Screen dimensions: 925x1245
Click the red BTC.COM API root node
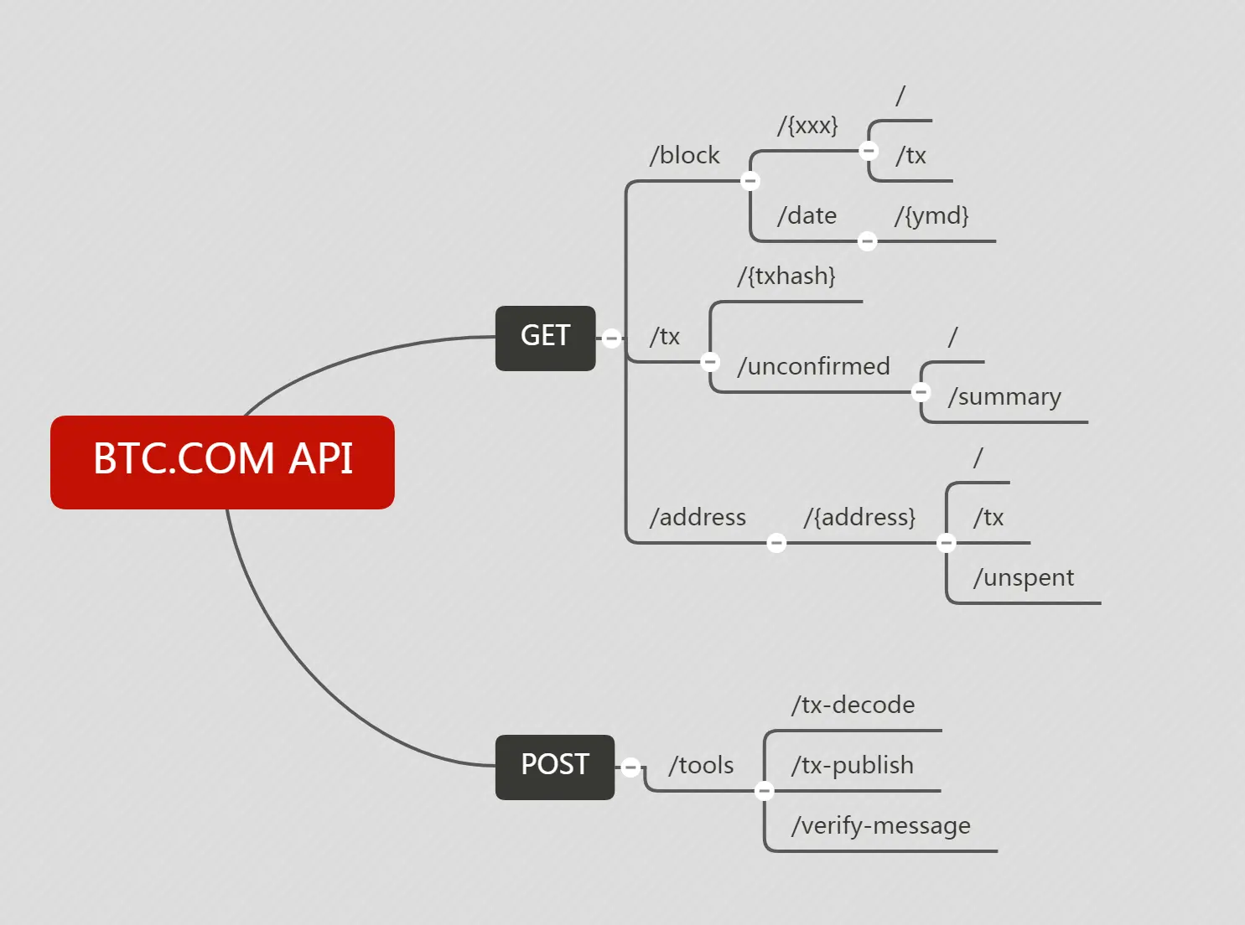click(x=222, y=462)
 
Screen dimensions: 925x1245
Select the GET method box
click(x=545, y=338)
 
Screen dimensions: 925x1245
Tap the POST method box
click(x=554, y=767)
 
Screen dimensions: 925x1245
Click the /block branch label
click(x=684, y=156)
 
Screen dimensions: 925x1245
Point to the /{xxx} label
click(x=807, y=126)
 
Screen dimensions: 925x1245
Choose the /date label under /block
click(x=807, y=216)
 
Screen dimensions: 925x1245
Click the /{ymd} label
click(x=931, y=216)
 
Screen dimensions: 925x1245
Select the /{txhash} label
click(x=786, y=276)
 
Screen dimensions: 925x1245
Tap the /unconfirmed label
click(x=813, y=367)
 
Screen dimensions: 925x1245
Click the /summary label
click(x=1004, y=397)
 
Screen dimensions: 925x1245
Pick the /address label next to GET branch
click(x=698, y=518)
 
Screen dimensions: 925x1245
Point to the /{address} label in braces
click(x=859, y=518)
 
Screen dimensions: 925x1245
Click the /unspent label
click(x=1023, y=578)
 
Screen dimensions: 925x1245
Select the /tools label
click(x=701, y=766)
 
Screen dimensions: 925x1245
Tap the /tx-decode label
click(x=853, y=705)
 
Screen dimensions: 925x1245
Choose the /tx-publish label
click(x=852, y=766)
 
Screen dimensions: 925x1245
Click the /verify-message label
click(x=880, y=826)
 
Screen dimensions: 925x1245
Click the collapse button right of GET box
click(x=612, y=338)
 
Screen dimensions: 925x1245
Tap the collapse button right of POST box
click(x=631, y=767)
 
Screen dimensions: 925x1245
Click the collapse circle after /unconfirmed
click(x=921, y=392)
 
